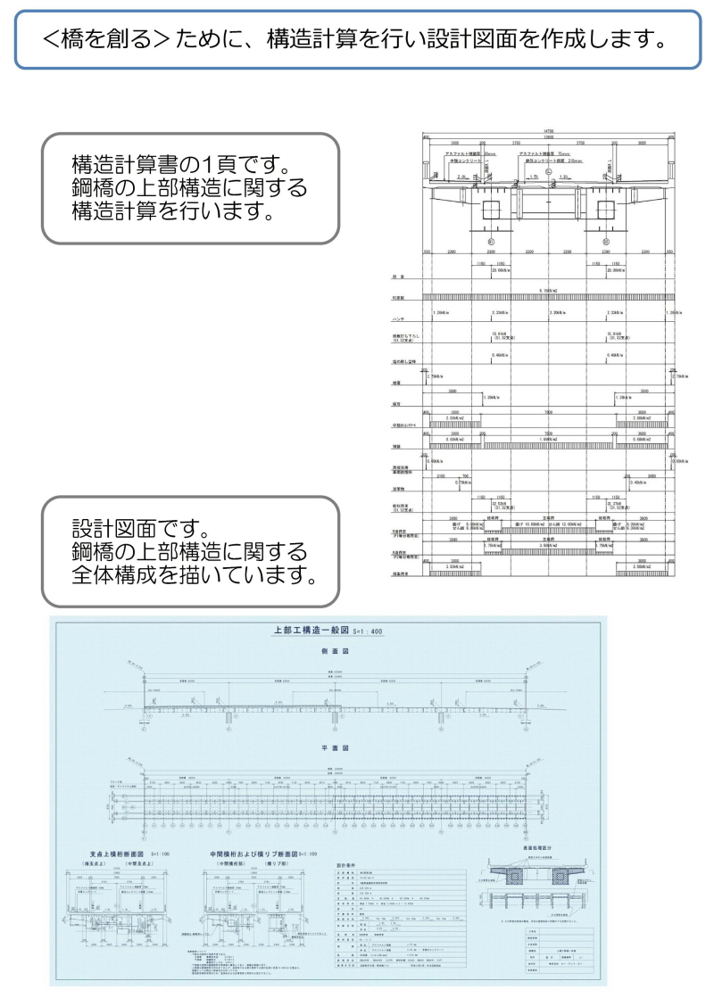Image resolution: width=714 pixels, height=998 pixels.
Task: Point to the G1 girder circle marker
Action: [491, 242]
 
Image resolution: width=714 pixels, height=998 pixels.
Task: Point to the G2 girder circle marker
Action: [605, 242]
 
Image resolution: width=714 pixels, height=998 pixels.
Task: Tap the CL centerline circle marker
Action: [548, 170]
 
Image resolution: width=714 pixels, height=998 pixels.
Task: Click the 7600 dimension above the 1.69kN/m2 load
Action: [548, 411]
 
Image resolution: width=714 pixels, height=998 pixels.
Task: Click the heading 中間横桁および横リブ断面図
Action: [251, 854]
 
